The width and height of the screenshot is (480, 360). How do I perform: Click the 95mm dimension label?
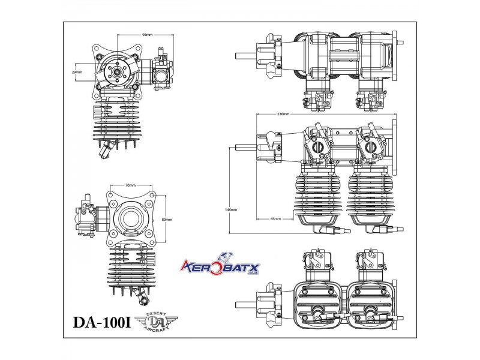pyautogui.click(x=146, y=35)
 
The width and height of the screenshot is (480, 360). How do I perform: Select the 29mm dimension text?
pyautogui.click(x=76, y=72)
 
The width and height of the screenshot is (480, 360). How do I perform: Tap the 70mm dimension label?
pyautogui.click(x=130, y=185)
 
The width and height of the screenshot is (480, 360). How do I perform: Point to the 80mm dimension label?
pyautogui.click(x=167, y=220)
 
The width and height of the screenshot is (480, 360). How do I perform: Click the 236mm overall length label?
pyautogui.click(x=284, y=113)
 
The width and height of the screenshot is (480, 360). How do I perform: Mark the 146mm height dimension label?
pyautogui.click(x=231, y=210)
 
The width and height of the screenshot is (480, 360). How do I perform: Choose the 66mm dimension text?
pyautogui.click(x=275, y=219)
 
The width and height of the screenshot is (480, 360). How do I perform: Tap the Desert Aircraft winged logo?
pyautogui.click(x=154, y=322)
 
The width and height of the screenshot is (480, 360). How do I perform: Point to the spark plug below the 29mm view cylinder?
pyautogui.click(x=109, y=148)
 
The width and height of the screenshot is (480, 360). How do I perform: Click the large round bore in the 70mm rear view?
pyautogui.click(x=130, y=218)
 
